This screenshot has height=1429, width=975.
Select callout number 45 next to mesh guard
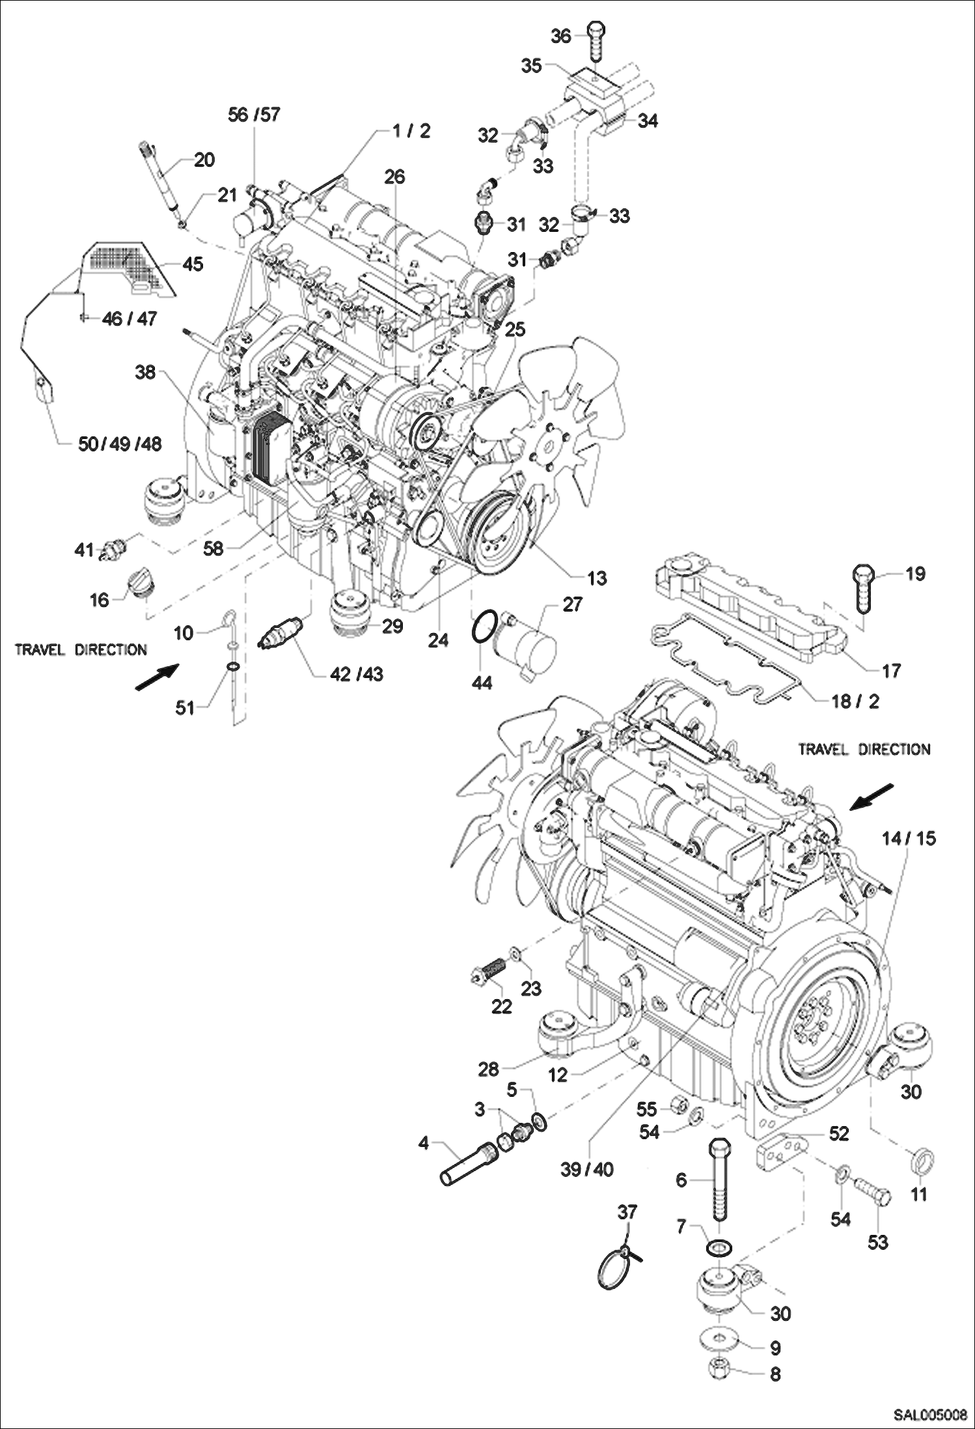pyautogui.click(x=193, y=264)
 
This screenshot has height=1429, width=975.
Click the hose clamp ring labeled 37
pyautogui.click(x=615, y=1269)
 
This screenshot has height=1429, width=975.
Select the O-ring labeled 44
pyautogui.click(x=483, y=629)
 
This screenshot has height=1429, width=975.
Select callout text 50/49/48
pyautogui.click(x=119, y=444)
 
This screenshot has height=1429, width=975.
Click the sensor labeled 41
pyautogui.click(x=113, y=549)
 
